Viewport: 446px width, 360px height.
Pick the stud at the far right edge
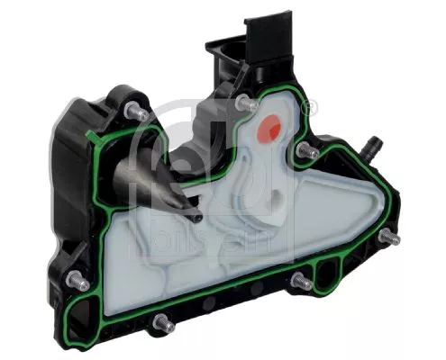[x=387, y=238]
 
